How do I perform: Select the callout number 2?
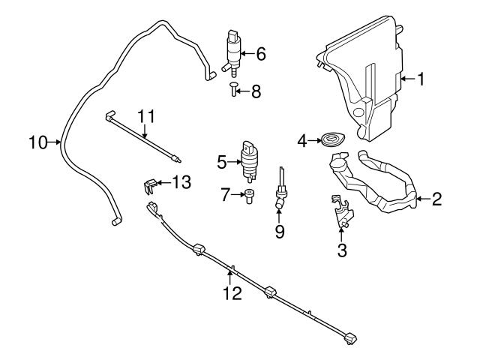pyautogui.click(x=436, y=199)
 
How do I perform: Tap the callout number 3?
pyautogui.click(x=342, y=251)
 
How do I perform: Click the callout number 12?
pyautogui.click(x=232, y=293)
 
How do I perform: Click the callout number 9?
pyautogui.click(x=279, y=232)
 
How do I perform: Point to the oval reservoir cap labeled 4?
pyautogui.click(x=330, y=139)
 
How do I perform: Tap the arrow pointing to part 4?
pyautogui.click(x=316, y=139)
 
